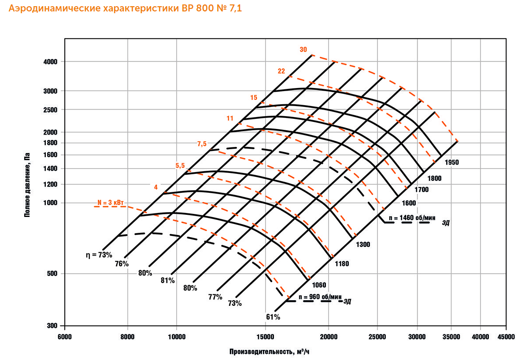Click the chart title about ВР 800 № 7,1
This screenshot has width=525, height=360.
pos(125,8)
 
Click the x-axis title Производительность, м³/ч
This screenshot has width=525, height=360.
pos(272,352)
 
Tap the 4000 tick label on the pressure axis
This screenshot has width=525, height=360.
pos(51,62)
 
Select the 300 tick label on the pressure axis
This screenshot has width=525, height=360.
pos(53,326)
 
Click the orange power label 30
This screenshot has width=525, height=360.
pos(303,50)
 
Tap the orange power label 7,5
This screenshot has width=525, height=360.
pos(202,144)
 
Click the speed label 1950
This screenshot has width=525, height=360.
pos(452,162)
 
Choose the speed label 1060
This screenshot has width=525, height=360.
pos(319,285)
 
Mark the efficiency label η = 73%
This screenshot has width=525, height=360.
pos(99,255)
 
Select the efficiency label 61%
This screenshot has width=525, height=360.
pos(273,317)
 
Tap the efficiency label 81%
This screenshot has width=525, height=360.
pos(168,280)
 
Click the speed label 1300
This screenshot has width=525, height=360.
pos(363,244)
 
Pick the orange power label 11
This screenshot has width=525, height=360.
pos(230,118)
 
